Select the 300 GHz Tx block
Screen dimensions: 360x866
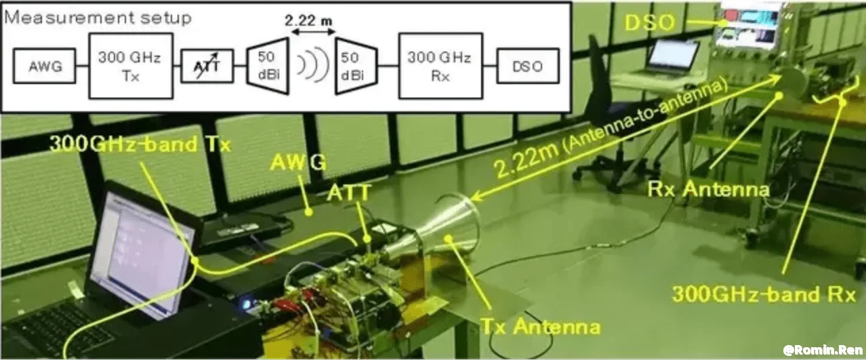coord(129,66)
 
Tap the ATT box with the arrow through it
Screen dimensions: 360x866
coord(207,67)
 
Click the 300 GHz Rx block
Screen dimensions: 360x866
coord(439,66)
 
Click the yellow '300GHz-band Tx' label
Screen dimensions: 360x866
coord(140,145)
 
